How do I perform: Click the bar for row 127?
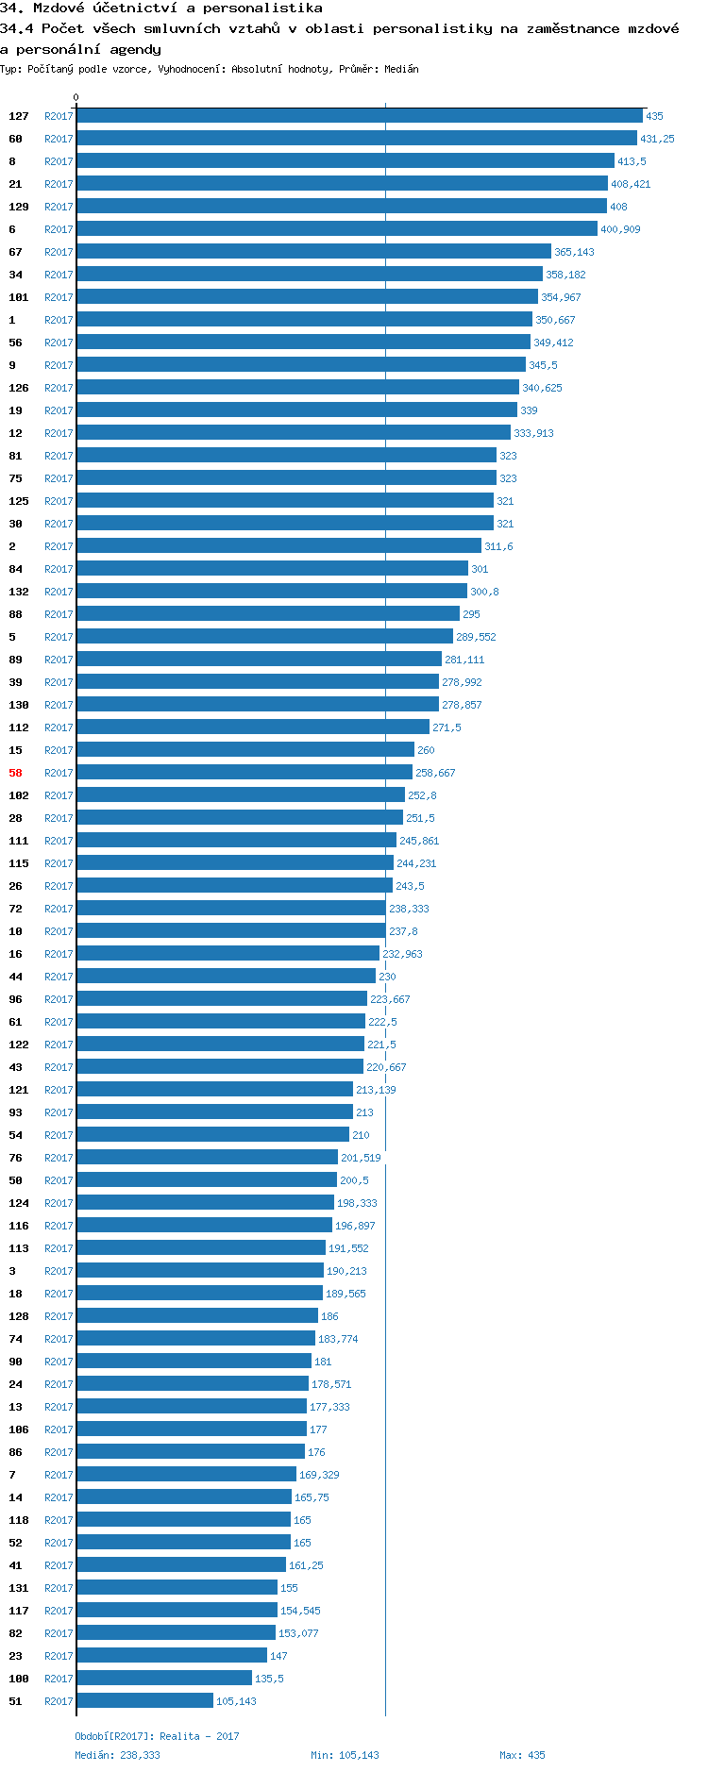tap(359, 116)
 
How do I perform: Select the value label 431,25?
tap(657, 139)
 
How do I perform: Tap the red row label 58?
tap(15, 773)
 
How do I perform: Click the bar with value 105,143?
tap(144, 1701)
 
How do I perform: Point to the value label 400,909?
tap(620, 229)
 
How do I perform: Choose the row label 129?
tap(19, 207)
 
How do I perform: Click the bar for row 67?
tap(313, 252)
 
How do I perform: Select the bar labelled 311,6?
tap(278, 546)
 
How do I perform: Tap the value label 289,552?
tap(476, 637)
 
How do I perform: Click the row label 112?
tap(19, 727)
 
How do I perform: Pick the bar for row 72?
tap(231, 909)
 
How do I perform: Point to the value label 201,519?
tap(361, 1158)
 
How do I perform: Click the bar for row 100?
tap(164, 1679)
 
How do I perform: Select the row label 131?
tap(19, 1588)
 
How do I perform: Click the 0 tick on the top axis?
tap(76, 97)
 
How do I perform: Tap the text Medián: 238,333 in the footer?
tap(117, 1755)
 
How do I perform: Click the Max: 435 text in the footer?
tap(522, 1755)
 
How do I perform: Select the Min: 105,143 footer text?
tap(345, 1755)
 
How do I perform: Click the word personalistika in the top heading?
tap(262, 8)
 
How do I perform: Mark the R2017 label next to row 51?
tap(59, 1701)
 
